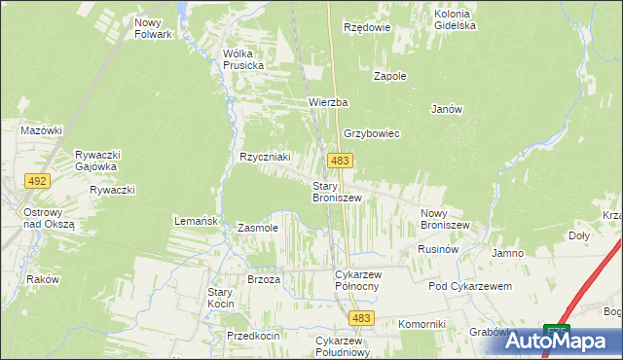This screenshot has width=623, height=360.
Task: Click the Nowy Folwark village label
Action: [x=154, y=28]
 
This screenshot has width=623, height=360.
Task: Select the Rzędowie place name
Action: [x=367, y=27]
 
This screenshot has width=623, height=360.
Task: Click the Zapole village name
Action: [x=390, y=75]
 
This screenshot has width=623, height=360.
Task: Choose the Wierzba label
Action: [x=328, y=102]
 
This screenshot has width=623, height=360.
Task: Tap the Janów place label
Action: [x=446, y=109]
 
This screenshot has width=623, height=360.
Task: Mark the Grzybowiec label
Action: [x=371, y=133]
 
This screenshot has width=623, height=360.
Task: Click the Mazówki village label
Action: [x=42, y=129]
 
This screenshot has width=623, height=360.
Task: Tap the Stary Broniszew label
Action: [x=337, y=192]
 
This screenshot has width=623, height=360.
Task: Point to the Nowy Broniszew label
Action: [x=445, y=219]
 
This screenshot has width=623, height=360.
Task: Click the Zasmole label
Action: [x=258, y=228]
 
